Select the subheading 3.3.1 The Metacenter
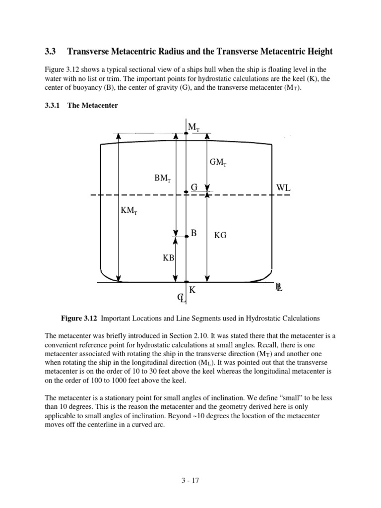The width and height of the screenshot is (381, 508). (x=81, y=106)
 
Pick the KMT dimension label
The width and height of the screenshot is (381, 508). (x=129, y=210)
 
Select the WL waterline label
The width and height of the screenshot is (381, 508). (x=283, y=188)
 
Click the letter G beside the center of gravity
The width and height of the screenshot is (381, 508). (x=194, y=187)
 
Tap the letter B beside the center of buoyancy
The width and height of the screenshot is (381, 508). (x=194, y=233)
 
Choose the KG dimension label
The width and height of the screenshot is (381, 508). (x=220, y=236)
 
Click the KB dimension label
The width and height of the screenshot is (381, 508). (x=169, y=258)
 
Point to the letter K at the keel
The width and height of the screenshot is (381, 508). (x=192, y=290)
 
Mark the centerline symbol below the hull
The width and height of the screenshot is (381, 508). (x=182, y=298)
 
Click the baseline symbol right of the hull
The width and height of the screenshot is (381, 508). (x=279, y=287)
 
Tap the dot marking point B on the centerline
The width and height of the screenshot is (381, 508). (x=187, y=237)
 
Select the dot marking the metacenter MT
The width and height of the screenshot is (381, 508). (x=186, y=133)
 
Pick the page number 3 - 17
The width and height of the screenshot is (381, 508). (x=190, y=480)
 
